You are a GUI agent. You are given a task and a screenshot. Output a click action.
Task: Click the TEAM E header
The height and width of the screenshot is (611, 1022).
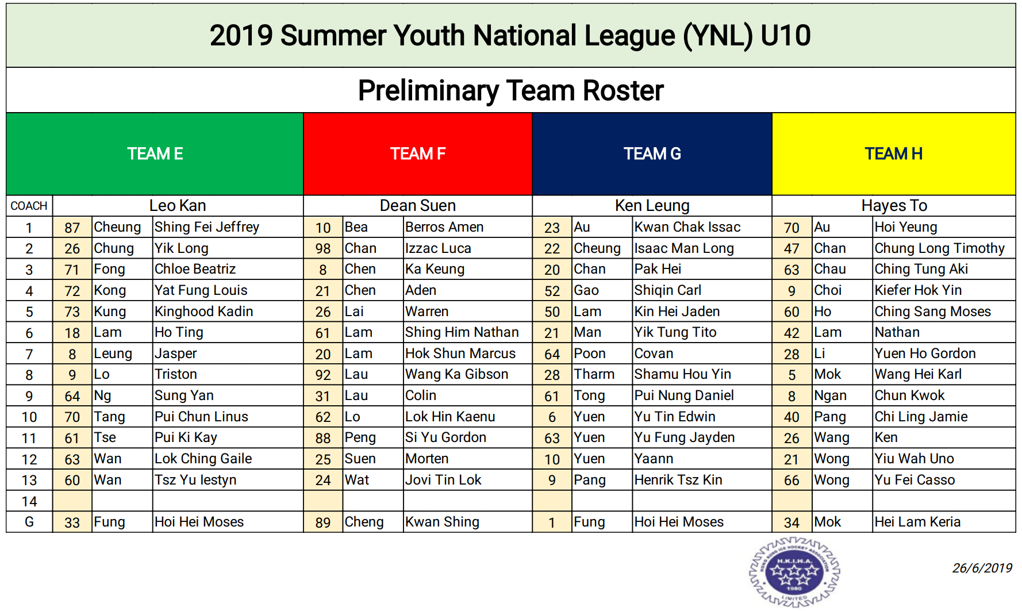(x=155, y=154)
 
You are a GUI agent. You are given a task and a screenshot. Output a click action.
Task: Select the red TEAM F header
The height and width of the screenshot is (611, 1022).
(x=418, y=154)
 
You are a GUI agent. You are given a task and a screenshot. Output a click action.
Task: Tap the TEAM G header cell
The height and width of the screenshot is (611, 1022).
(x=652, y=154)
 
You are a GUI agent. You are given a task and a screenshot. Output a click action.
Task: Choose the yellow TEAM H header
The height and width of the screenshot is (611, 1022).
(x=894, y=154)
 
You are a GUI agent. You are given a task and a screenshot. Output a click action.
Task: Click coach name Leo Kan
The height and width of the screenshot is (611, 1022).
(x=178, y=206)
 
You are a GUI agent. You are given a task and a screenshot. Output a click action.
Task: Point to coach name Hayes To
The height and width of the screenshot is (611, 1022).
(x=894, y=206)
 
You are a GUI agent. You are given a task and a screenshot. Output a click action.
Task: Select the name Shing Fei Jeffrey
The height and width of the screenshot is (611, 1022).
(x=207, y=227)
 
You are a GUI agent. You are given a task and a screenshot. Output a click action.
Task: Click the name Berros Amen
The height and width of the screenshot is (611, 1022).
(x=444, y=227)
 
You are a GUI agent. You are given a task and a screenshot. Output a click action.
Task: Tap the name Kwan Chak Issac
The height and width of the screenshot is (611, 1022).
(x=687, y=227)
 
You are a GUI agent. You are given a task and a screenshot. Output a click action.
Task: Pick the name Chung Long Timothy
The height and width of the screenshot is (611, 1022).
(x=940, y=248)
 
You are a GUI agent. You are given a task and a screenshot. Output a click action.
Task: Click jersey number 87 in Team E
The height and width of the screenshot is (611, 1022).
(x=72, y=228)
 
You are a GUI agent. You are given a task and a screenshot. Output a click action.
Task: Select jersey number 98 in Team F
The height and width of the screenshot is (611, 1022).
(x=323, y=249)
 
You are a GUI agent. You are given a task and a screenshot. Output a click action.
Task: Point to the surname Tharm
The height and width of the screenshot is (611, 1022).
(x=594, y=374)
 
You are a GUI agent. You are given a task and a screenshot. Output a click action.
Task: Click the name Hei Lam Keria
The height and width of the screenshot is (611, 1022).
(x=917, y=522)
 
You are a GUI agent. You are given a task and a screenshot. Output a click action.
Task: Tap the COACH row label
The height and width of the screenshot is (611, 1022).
(x=29, y=206)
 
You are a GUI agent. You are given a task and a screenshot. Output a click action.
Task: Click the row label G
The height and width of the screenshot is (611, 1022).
(x=29, y=522)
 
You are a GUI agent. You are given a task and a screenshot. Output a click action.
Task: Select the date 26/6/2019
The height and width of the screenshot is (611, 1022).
(x=982, y=568)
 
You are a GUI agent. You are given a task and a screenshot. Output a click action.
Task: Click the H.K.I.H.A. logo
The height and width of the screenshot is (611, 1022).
(x=794, y=572)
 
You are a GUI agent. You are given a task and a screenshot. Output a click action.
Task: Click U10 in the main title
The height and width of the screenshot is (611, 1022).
(x=785, y=36)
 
